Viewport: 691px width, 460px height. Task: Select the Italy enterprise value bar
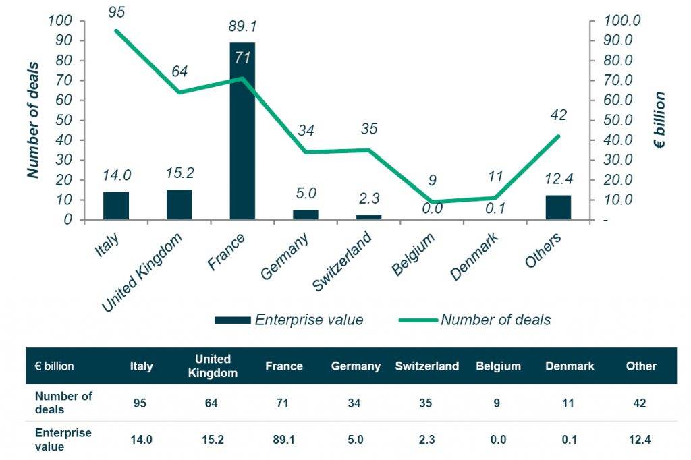point(116,206)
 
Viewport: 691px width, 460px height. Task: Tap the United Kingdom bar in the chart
point(179,204)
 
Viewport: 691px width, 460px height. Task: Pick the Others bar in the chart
point(558,207)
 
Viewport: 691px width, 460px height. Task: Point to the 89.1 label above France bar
point(242,27)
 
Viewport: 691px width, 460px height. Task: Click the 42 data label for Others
point(558,115)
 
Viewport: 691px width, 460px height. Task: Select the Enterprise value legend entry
point(289,320)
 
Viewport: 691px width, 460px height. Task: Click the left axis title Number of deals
point(32,120)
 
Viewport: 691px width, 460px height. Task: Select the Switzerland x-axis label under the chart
point(343,262)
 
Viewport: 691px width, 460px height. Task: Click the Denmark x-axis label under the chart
point(475,256)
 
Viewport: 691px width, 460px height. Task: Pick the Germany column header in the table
point(356,366)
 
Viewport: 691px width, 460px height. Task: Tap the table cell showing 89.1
point(283,439)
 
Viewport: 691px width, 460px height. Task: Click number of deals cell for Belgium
point(498,403)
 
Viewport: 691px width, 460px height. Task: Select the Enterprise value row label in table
point(63,438)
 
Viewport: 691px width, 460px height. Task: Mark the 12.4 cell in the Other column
point(640,439)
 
